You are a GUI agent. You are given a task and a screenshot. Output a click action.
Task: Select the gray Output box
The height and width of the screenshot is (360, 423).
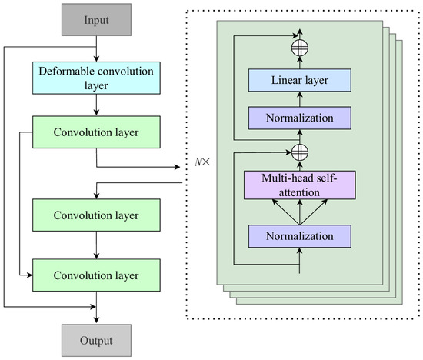pyautogui.click(x=96, y=339)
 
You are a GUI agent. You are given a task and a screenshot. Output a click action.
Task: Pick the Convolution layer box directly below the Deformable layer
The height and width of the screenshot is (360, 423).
pyautogui.click(x=96, y=133)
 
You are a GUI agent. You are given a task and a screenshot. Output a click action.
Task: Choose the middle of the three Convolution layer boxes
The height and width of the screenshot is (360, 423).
pyautogui.click(x=96, y=214)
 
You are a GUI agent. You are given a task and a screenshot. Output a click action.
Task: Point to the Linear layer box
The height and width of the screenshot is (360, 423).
pyautogui.click(x=298, y=81)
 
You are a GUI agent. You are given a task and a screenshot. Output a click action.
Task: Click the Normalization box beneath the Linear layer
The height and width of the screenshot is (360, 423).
pyautogui.click(x=298, y=118)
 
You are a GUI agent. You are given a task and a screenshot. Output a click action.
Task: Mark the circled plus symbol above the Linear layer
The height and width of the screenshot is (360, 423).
pyautogui.click(x=298, y=48)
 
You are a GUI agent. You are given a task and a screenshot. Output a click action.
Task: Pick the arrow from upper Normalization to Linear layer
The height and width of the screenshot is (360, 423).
pyautogui.click(x=298, y=99)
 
